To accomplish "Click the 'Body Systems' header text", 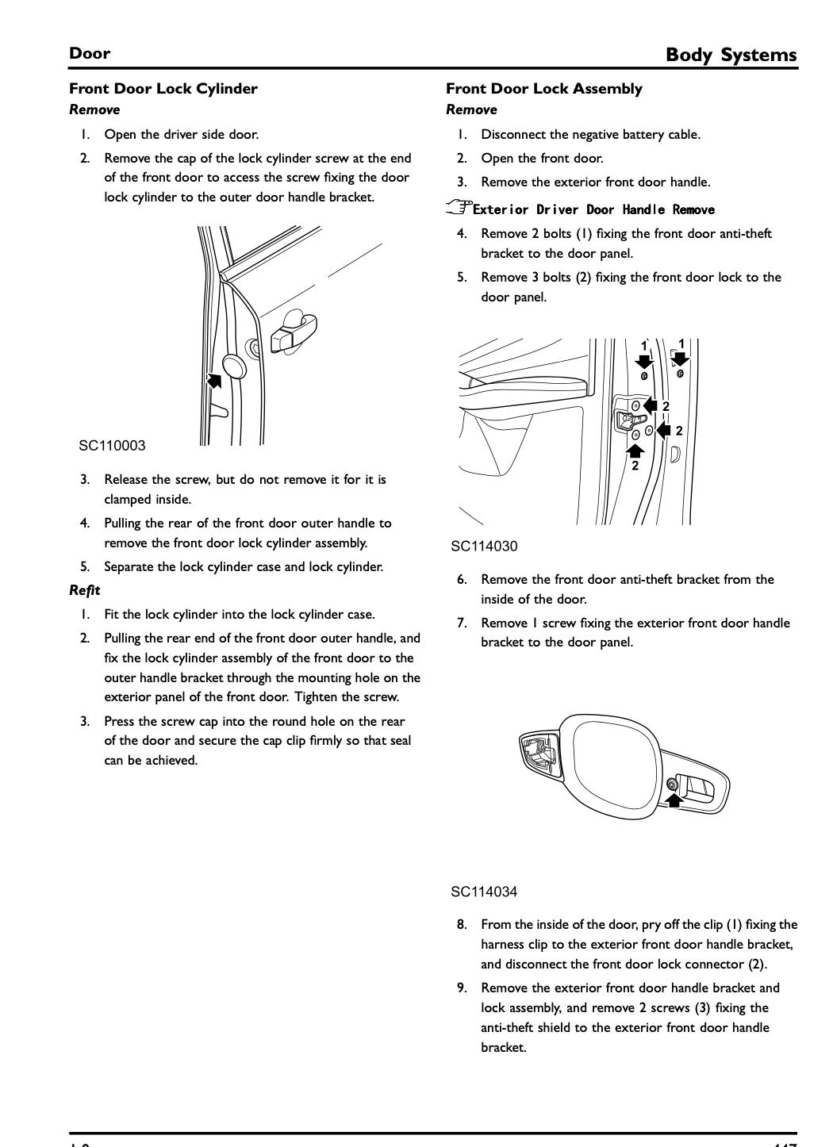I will pos(731,55).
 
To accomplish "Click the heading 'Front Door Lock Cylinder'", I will pos(163,89).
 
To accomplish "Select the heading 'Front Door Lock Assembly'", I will pos(543,89).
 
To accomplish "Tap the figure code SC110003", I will pos(112,446).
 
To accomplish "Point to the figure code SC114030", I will pos(484,547).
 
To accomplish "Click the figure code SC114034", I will pos(484,892).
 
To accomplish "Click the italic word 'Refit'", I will pos(84,590).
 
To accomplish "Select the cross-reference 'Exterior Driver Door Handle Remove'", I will pos(593,210).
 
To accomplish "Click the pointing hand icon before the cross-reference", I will pos(459,209).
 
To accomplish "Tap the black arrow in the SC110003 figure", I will pos(213,380).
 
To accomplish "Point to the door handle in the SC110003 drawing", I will pos(294,331).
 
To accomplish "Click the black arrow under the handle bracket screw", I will pos(674,800).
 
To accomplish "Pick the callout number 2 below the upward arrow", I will pos(635,466).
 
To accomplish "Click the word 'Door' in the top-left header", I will pos(90,54).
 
